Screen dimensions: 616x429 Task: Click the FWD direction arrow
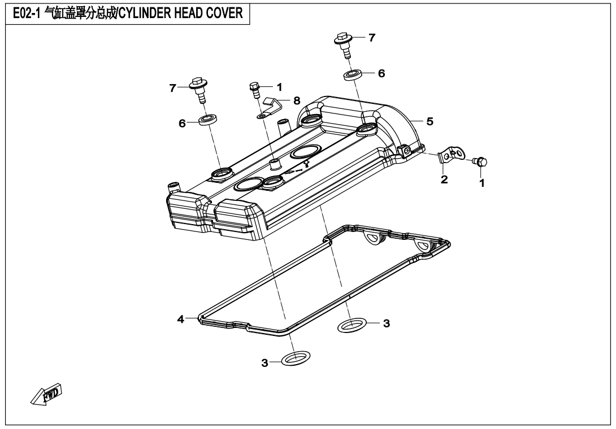46,394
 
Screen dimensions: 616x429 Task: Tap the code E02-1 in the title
27,14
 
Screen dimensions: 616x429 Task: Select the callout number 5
430,121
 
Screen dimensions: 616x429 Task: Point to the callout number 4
180,319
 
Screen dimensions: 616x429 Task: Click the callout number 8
297,100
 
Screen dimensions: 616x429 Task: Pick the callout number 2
444,180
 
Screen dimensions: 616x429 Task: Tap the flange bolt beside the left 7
199,90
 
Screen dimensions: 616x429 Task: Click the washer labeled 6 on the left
208,120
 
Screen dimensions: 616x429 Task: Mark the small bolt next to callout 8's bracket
254,90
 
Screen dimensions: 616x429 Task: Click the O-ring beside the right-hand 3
352,325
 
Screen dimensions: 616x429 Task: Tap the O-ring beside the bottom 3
296,358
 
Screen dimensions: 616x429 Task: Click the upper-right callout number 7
372,38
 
